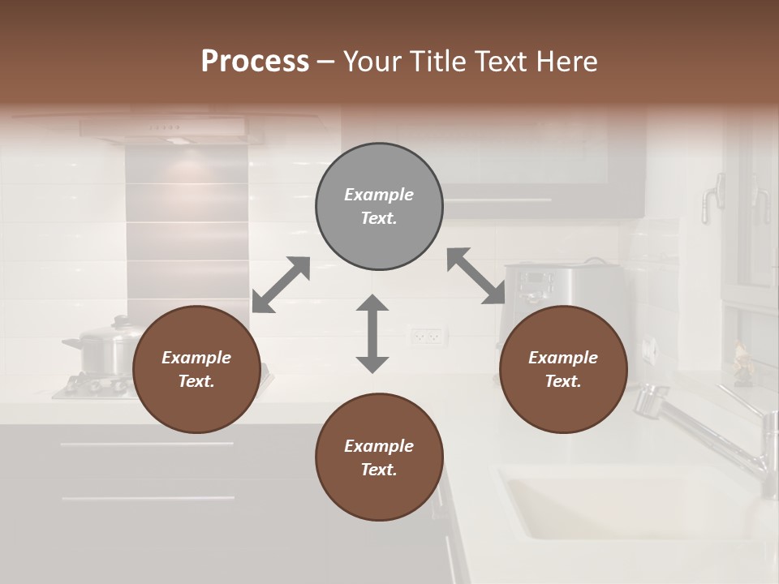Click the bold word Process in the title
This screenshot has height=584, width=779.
coord(255,62)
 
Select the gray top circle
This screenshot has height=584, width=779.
coord(379,207)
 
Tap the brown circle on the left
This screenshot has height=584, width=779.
coord(196,370)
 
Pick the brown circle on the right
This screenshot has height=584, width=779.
coord(563,370)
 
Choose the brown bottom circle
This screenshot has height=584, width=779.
coord(379,457)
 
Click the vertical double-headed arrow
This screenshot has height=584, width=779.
coord(372,333)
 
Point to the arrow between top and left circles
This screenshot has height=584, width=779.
coord(281,285)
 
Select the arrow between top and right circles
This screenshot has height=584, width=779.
coord(476,276)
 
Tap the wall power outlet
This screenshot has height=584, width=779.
coord(427,335)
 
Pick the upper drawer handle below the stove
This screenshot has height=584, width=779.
coord(147,444)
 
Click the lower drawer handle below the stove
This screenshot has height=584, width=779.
coord(147,497)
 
